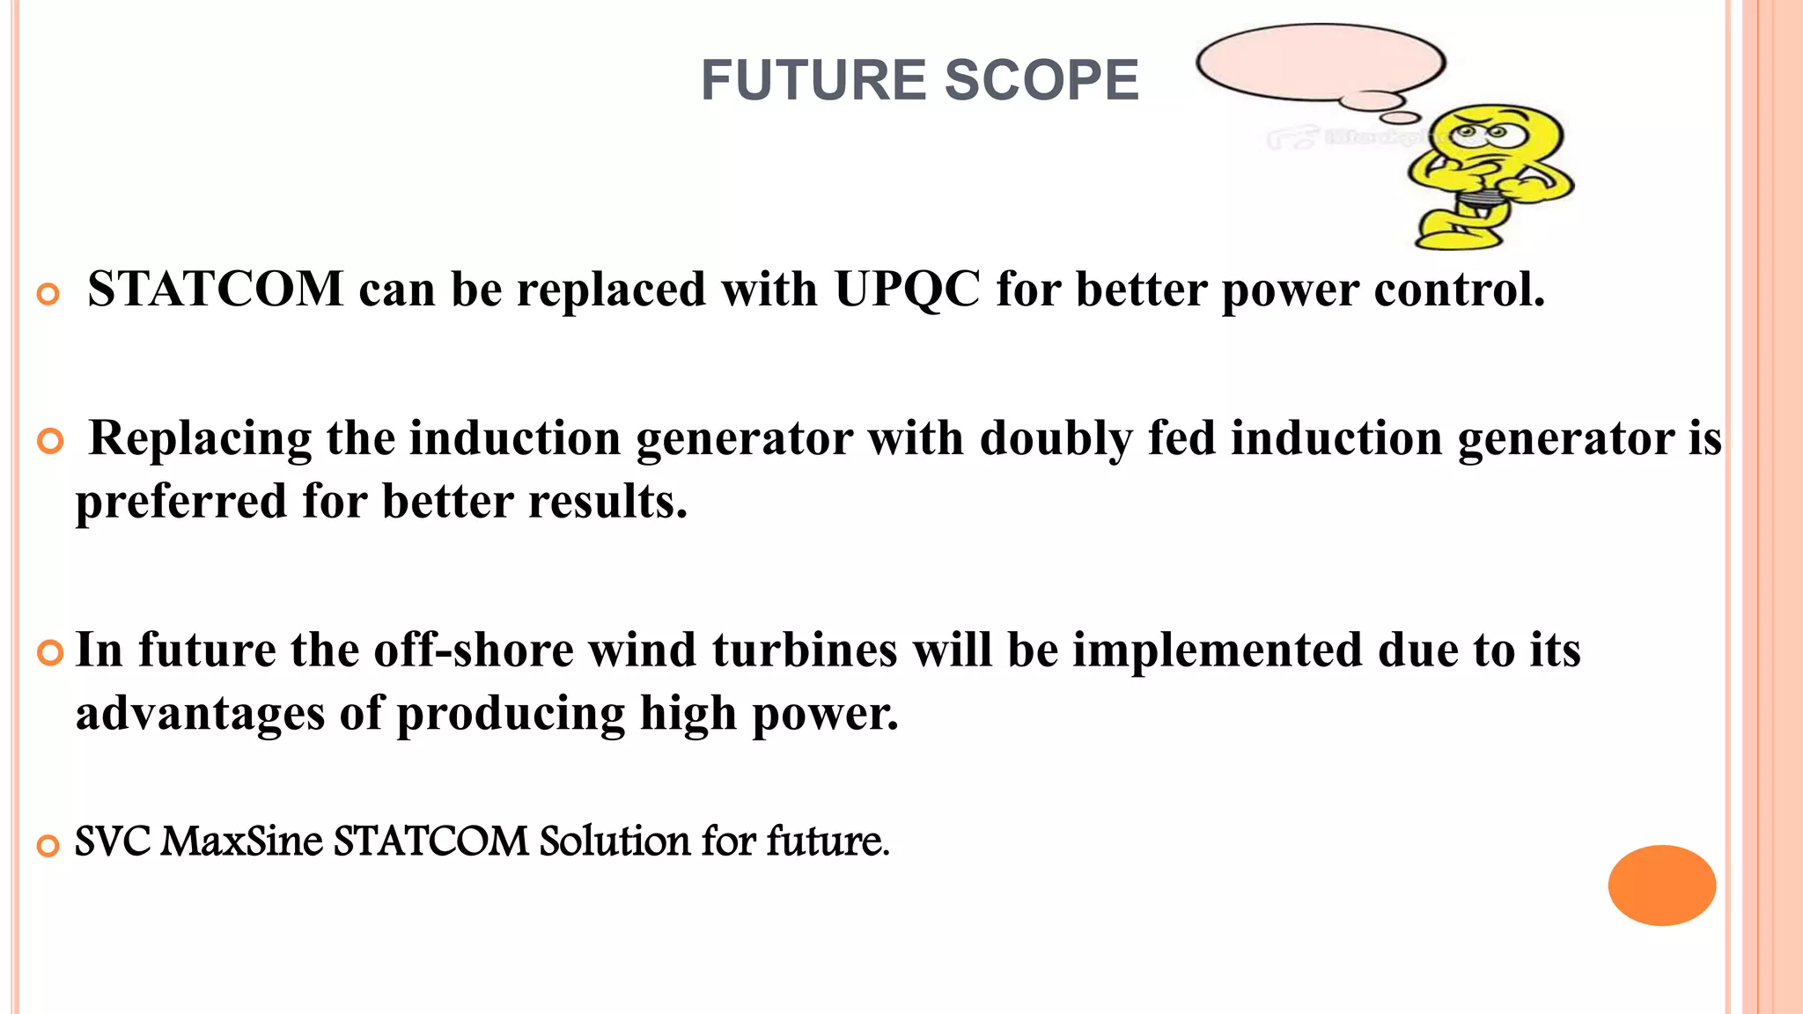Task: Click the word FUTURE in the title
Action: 813,80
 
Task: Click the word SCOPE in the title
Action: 1041,80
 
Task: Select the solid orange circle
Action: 1661,885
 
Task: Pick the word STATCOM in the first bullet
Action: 216,289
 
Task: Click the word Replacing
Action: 201,438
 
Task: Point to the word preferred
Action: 181,502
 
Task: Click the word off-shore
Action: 474,650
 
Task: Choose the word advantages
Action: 200,713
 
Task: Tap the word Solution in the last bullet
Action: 614,841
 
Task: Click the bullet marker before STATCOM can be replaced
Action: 48,294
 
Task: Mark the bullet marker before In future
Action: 50,653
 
